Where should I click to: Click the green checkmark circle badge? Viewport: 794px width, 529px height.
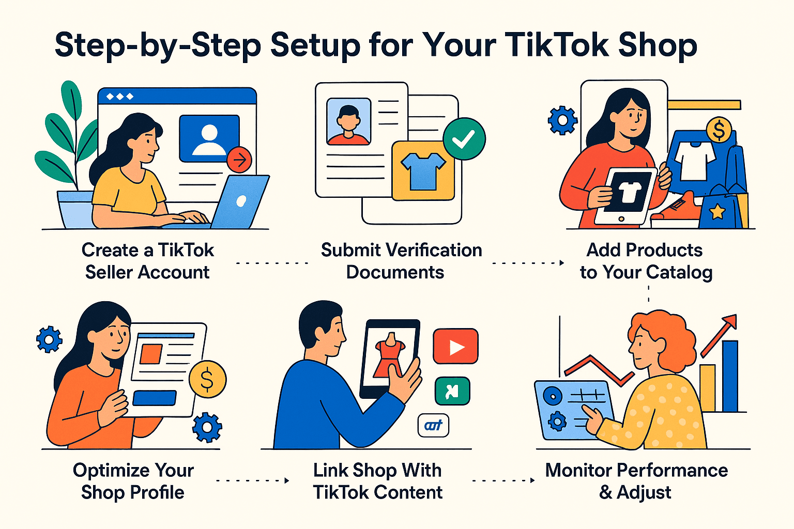tap(464, 138)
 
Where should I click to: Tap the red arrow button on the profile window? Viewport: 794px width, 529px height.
tap(239, 160)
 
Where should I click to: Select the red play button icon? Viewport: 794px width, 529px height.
tap(455, 347)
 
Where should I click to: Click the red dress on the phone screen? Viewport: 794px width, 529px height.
tap(390, 356)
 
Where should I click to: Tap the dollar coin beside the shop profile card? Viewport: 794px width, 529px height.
tap(207, 380)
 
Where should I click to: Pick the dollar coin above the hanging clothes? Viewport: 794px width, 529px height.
tap(719, 130)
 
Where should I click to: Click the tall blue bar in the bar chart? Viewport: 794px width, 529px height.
tap(730, 376)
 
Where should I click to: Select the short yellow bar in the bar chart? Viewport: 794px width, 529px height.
tap(707, 388)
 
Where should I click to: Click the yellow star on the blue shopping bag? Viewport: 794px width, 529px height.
tap(717, 211)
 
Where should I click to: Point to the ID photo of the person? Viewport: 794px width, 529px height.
tap(348, 121)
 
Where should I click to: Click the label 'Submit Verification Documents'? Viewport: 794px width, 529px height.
tap(401, 261)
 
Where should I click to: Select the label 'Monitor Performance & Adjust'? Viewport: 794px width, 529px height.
tap(636, 481)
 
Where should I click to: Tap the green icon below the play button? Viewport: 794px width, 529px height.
tap(452, 391)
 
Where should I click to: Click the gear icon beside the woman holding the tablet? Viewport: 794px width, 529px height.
tap(562, 120)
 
